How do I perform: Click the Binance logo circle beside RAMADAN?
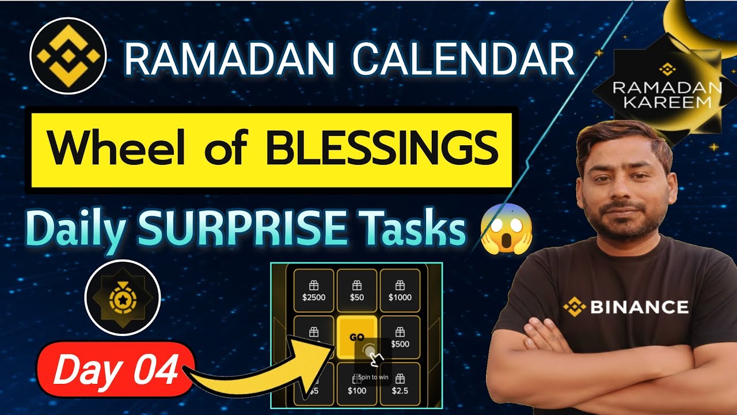tap(68, 56)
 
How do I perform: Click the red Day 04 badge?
tap(115, 371)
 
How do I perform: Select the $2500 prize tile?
tap(314, 290)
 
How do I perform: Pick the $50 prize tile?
tap(356, 290)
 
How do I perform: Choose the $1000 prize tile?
tap(400, 290)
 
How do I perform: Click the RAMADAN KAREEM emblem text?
tap(659, 95)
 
